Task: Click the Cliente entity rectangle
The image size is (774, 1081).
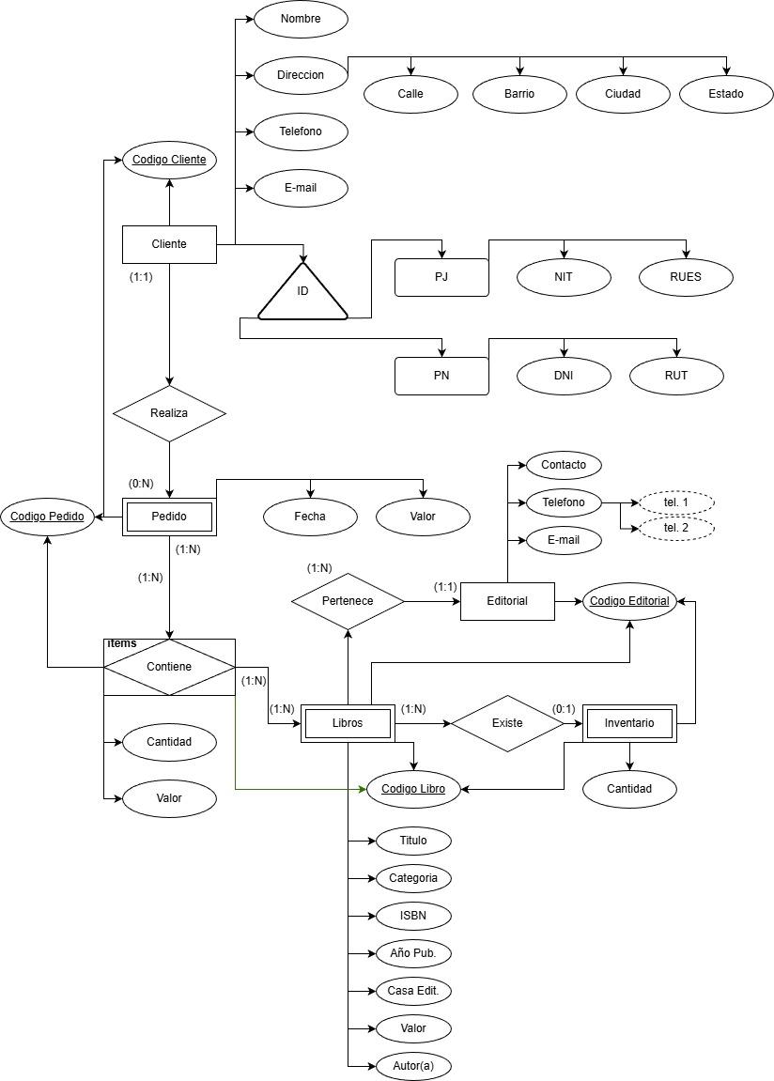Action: (x=169, y=244)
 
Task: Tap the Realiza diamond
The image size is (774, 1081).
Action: (x=169, y=413)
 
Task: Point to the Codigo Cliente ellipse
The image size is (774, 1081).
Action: (x=169, y=160)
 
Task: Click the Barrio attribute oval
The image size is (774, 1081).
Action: (x=519, y=94)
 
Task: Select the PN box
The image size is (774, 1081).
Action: (x=441, y=376)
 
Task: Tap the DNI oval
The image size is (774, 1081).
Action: (x=564, y=376)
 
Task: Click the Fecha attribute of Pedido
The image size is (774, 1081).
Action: (x=310, y=516)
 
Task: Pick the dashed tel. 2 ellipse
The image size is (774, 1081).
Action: (x=676, y=528)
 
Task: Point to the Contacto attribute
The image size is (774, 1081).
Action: (x=564, y=465)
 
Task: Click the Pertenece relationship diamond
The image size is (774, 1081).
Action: (x=348, y=601)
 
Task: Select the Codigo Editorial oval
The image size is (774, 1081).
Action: (x=629, y=601)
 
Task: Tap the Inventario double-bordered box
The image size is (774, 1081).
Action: (x=629, y=723)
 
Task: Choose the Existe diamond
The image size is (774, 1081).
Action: (x=507, y=723)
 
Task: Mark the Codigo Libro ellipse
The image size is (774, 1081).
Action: (x=413, y=790)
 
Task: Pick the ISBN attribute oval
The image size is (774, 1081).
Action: (x=413, y=916)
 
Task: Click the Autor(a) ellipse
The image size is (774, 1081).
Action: (x=413, y=1066)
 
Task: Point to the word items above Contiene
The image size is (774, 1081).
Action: (x=121, y=643)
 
